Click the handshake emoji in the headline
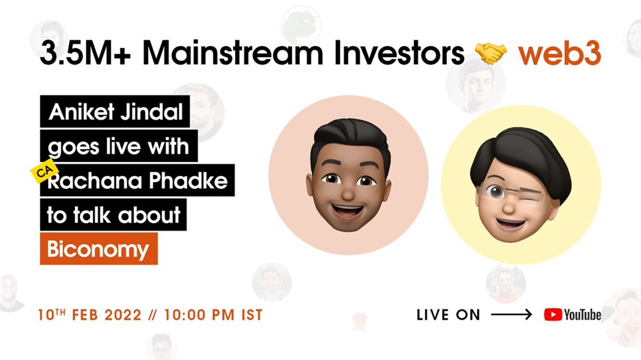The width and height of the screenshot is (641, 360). click(490, 54)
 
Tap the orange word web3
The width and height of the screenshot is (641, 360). click(560, 53)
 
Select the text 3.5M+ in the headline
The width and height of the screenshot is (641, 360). click(85, 53)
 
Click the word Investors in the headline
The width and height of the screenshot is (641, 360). click(399, 53)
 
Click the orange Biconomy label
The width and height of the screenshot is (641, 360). click(99, 249)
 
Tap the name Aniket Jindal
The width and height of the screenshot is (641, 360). click(115, 111)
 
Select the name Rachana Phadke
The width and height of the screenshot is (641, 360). click(138, 181)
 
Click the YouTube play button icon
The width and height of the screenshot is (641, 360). click(553, 315)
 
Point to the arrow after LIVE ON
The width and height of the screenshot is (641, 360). click(512, 315)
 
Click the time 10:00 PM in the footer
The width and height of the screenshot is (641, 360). click(199, 315)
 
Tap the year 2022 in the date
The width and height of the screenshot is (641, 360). click(122, 315)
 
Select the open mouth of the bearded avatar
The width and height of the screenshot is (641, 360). click(347, 211)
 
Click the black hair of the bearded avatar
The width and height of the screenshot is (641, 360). click(349, 139)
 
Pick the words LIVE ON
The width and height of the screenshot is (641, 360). click(448, 315)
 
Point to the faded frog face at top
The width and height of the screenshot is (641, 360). click(301, 26)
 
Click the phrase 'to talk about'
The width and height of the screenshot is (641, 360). click(113, 215)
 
